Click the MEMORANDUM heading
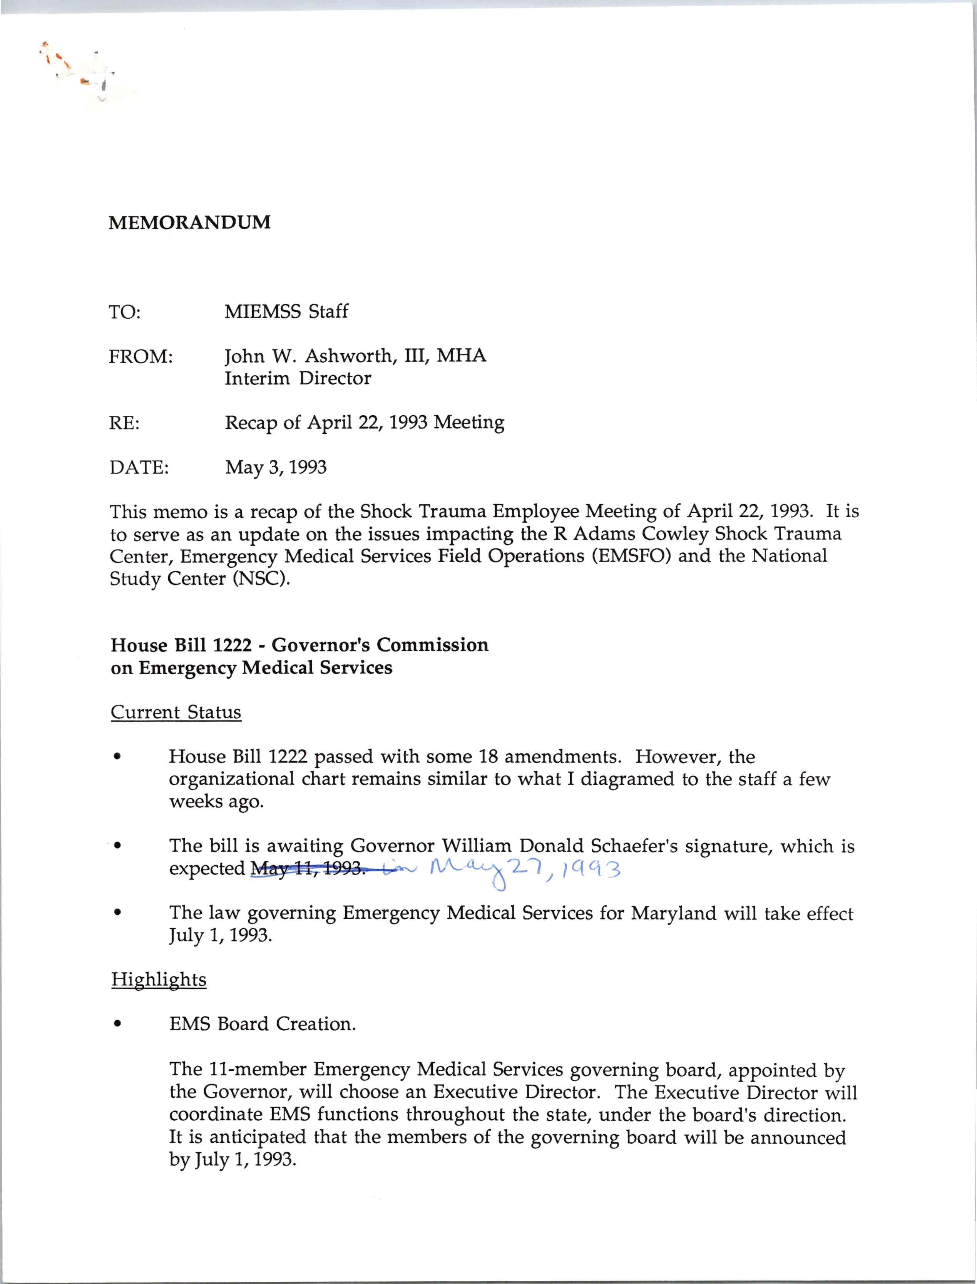click(189, 222)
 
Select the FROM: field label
click(141, 356)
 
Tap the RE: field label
click(124, 423)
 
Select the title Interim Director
click(298, 379)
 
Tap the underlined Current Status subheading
click(176, 712)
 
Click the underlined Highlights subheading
click(158, 979)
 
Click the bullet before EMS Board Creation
click(118, 1025)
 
